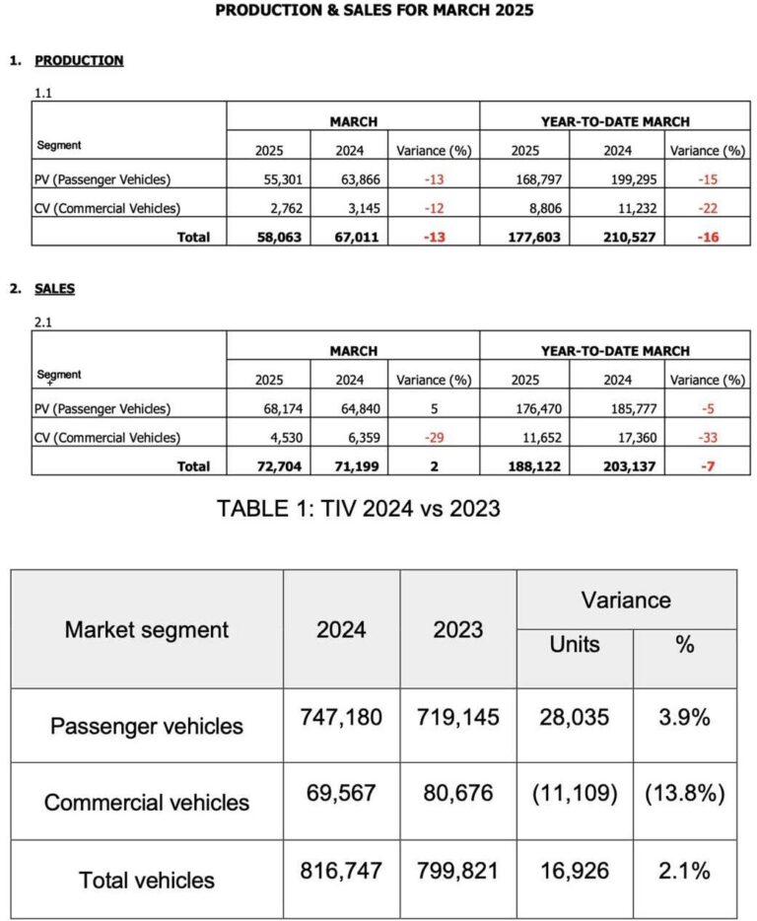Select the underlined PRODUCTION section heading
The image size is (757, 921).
[79, 60]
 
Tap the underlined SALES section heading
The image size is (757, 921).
[54, 289]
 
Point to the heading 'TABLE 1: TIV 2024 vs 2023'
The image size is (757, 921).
[359, 509]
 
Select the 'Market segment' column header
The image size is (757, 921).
[146, 629]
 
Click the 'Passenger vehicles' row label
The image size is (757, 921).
[146, 727]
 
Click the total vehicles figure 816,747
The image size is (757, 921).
[341, 871]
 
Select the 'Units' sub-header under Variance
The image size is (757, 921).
[574, 644]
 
